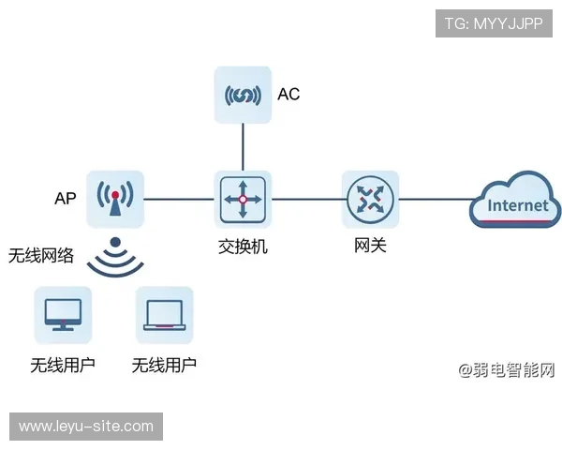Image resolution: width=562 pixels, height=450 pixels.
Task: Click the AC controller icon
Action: (x=243, y=95)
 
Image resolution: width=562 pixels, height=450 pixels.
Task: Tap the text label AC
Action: (x=288, y=95)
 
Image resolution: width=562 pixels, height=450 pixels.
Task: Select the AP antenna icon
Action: (x=115, y=199)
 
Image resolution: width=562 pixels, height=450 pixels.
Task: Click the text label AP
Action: (x=65, y=199)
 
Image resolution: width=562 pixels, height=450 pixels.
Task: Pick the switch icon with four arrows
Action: (x=243, y=199)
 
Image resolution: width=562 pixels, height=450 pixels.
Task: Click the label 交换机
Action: (x=243, y=247)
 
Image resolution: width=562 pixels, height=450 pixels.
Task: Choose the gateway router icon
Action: (x=370, y=199)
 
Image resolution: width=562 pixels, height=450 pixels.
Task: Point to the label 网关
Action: (x=370, y=247)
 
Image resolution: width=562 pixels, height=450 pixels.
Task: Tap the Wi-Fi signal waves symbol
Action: (x=114, y=260)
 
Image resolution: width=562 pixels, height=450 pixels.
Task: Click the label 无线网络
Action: (x=41, y=256)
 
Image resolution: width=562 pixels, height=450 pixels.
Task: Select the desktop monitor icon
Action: (x=63, y=315)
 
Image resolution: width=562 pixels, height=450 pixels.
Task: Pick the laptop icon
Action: (x=164, y=315)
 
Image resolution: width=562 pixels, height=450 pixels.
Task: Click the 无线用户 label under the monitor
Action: (x=63, y=365)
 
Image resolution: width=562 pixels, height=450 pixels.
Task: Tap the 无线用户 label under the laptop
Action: (x=164, y=365)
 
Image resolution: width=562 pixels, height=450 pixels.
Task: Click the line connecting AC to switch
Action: (x=243, y=146)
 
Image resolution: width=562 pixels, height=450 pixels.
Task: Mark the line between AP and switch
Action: (x=179, y=199)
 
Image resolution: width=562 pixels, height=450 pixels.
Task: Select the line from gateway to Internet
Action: (x=433, y=199)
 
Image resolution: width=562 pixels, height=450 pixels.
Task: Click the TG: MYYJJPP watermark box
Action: (x=495, y=23)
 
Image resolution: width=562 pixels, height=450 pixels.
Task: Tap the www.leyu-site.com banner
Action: (x=86, y=427)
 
